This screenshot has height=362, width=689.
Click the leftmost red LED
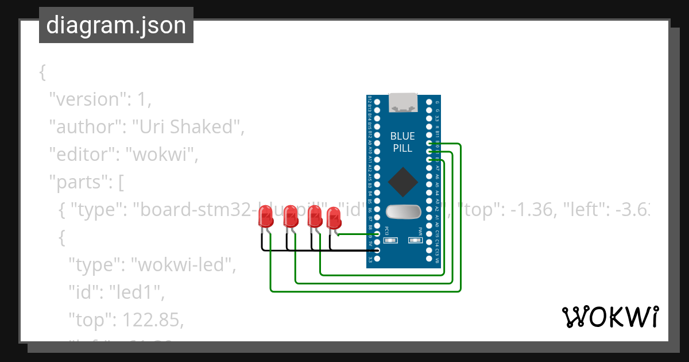coord(266,217)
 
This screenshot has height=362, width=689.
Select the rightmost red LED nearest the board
coord(334,219)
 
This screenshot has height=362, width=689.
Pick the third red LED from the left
coord(314,217)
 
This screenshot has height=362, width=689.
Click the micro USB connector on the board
coord(403,103)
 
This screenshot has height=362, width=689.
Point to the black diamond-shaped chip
coord(403,182)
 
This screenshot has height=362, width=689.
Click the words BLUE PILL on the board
coord(402,142)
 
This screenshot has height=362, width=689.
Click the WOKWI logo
coord(610,317)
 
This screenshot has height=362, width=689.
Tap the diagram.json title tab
coord(116,25)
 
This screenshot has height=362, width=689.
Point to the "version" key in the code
coord(87,99)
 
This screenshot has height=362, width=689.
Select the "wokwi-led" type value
coord(183,265)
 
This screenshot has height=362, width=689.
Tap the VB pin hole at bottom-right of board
coord(429,259)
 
